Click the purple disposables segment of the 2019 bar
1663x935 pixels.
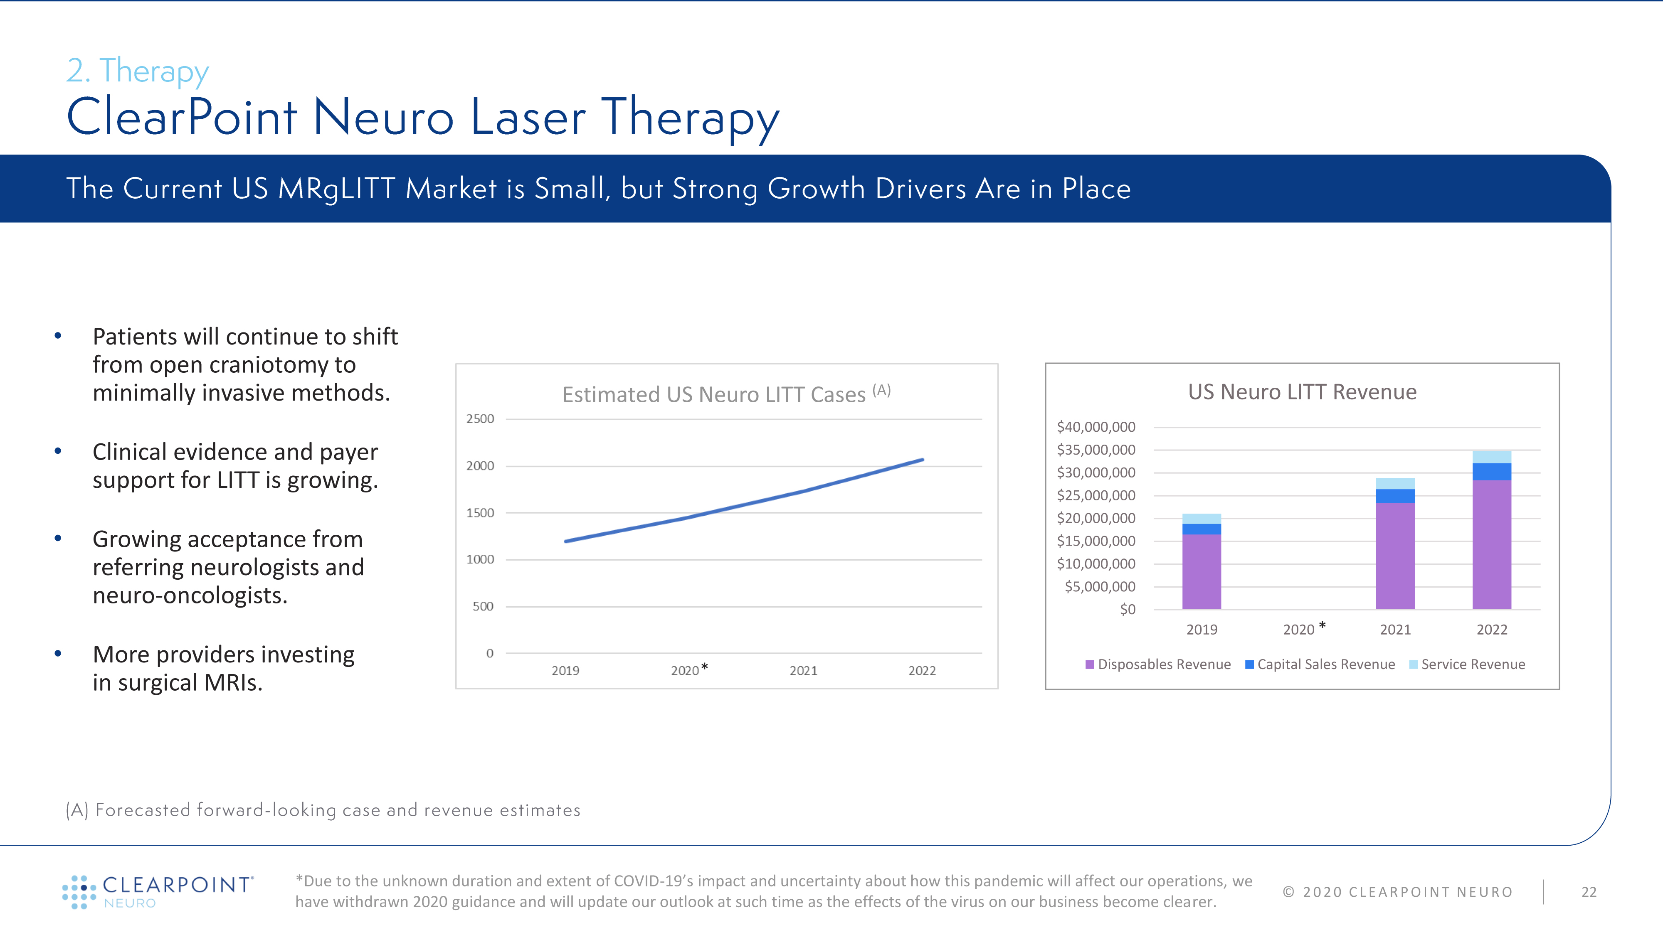click(1202, 571)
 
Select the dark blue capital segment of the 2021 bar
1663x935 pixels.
click(1395, 496)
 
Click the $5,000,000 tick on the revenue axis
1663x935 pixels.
click(1099, 586)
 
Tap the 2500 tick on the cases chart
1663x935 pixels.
click(480, 419)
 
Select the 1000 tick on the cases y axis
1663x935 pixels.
click(480, 559)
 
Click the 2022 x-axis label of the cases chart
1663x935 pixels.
click(922, 670)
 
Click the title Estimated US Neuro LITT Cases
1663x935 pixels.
click(713, 394)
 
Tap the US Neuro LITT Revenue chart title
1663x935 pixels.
click(1302, 392)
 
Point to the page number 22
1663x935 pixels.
click(1589, 892)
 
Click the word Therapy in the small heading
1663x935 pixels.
click(154, 71)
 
